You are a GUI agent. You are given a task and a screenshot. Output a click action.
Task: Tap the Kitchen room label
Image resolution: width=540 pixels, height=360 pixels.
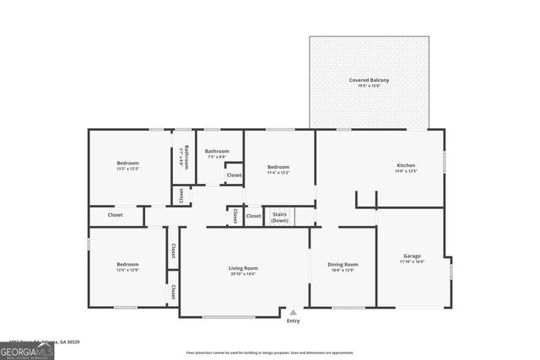(x=407, y=165)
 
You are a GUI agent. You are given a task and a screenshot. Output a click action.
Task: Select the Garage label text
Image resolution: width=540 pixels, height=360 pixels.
(x=412, y=255)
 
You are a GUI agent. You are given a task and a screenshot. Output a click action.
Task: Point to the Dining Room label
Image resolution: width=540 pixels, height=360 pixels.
(x=343, y=265)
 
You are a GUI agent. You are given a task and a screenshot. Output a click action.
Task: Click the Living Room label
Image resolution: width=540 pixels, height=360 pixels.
(x=242, y=268)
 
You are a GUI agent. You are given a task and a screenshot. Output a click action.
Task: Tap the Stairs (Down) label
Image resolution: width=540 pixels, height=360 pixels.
(x=279, y=218)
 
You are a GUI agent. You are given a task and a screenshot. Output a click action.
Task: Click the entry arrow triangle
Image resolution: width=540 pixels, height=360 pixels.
(x=293, y=312)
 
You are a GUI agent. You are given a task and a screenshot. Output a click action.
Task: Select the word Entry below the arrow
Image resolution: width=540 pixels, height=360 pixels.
(x=293, y=321)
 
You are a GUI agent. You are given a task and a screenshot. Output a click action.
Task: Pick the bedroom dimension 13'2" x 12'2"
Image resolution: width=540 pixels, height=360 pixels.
(x=127, y=169)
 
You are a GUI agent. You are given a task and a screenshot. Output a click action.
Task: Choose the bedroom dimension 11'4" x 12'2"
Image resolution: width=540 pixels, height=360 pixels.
(x=278, y=173)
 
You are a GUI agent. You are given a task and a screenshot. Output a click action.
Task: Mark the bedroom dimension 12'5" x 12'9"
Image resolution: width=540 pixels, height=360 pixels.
(x=127, y=271)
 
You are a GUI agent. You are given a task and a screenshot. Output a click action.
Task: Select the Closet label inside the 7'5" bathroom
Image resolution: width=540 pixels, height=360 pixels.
(x=234, y=175)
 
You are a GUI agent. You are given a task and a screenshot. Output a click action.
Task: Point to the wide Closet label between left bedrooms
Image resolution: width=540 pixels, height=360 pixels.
(x=116, y=215)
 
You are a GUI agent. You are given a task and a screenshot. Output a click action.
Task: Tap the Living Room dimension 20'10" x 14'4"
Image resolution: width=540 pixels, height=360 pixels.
(x=242, y=274)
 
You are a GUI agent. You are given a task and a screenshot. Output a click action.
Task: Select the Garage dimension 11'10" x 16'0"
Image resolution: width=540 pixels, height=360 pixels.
(x=412, y=261)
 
